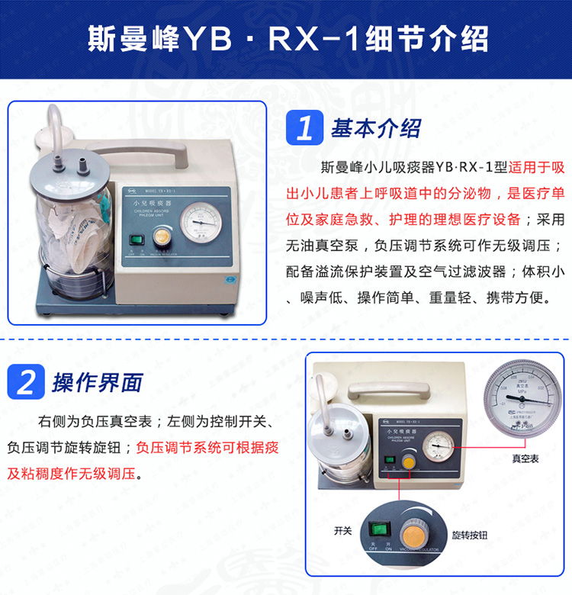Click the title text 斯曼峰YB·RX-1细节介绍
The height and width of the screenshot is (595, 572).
285,39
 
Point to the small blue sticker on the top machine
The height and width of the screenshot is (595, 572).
220,279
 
